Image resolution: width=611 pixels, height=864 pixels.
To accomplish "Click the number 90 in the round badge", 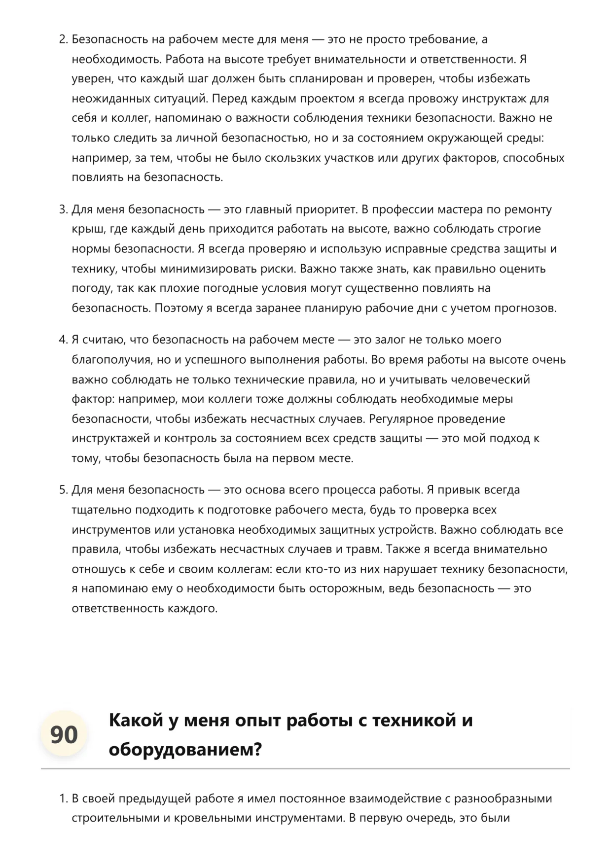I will [64, 734].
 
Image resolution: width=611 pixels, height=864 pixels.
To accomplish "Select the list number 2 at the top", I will [63, 39].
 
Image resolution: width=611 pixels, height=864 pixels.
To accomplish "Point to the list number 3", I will [63, 209].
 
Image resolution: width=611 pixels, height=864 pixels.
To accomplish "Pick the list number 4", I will [63, 340].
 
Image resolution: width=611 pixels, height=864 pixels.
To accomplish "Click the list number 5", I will [63, 490].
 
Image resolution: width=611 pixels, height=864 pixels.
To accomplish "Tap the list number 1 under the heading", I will [63, 798].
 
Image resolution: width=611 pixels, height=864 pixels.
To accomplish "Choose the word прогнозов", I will [525, 308].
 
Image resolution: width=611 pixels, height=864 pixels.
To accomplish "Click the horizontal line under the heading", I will [305, 768].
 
